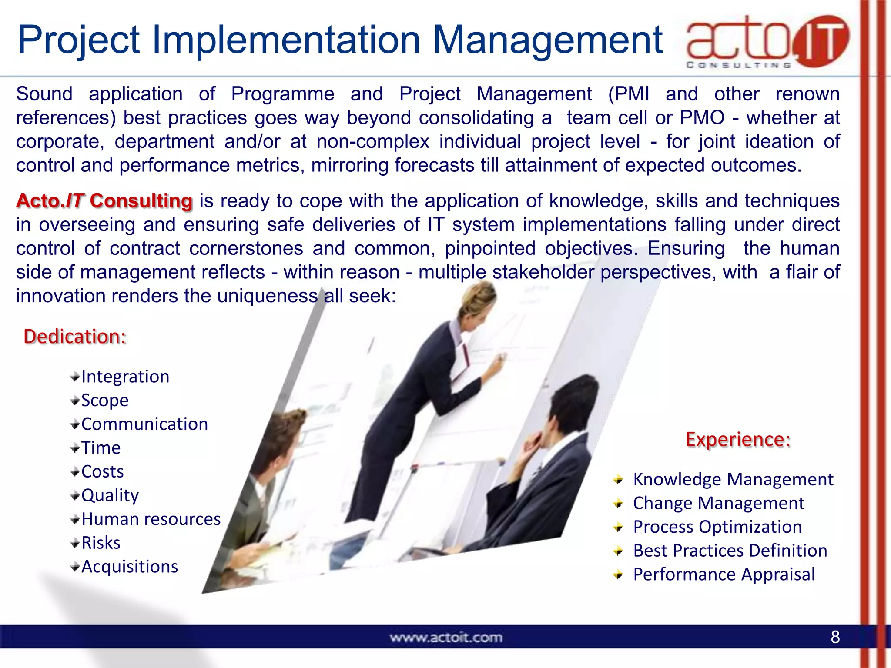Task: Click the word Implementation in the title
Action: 287,40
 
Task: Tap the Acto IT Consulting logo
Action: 767,42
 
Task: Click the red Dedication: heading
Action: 75,337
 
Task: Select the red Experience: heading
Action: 738,439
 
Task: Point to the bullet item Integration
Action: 125,377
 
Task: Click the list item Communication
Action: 144,424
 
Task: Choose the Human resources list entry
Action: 151,519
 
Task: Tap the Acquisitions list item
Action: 130,567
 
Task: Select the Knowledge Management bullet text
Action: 733,479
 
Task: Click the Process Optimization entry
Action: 717,527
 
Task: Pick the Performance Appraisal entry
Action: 724,574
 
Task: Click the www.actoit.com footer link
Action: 446,638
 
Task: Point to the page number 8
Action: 835,637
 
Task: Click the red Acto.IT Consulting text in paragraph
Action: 104,201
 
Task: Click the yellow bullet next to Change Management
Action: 618,504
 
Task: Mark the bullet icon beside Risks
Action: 75,543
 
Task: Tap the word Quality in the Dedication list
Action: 110,495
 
